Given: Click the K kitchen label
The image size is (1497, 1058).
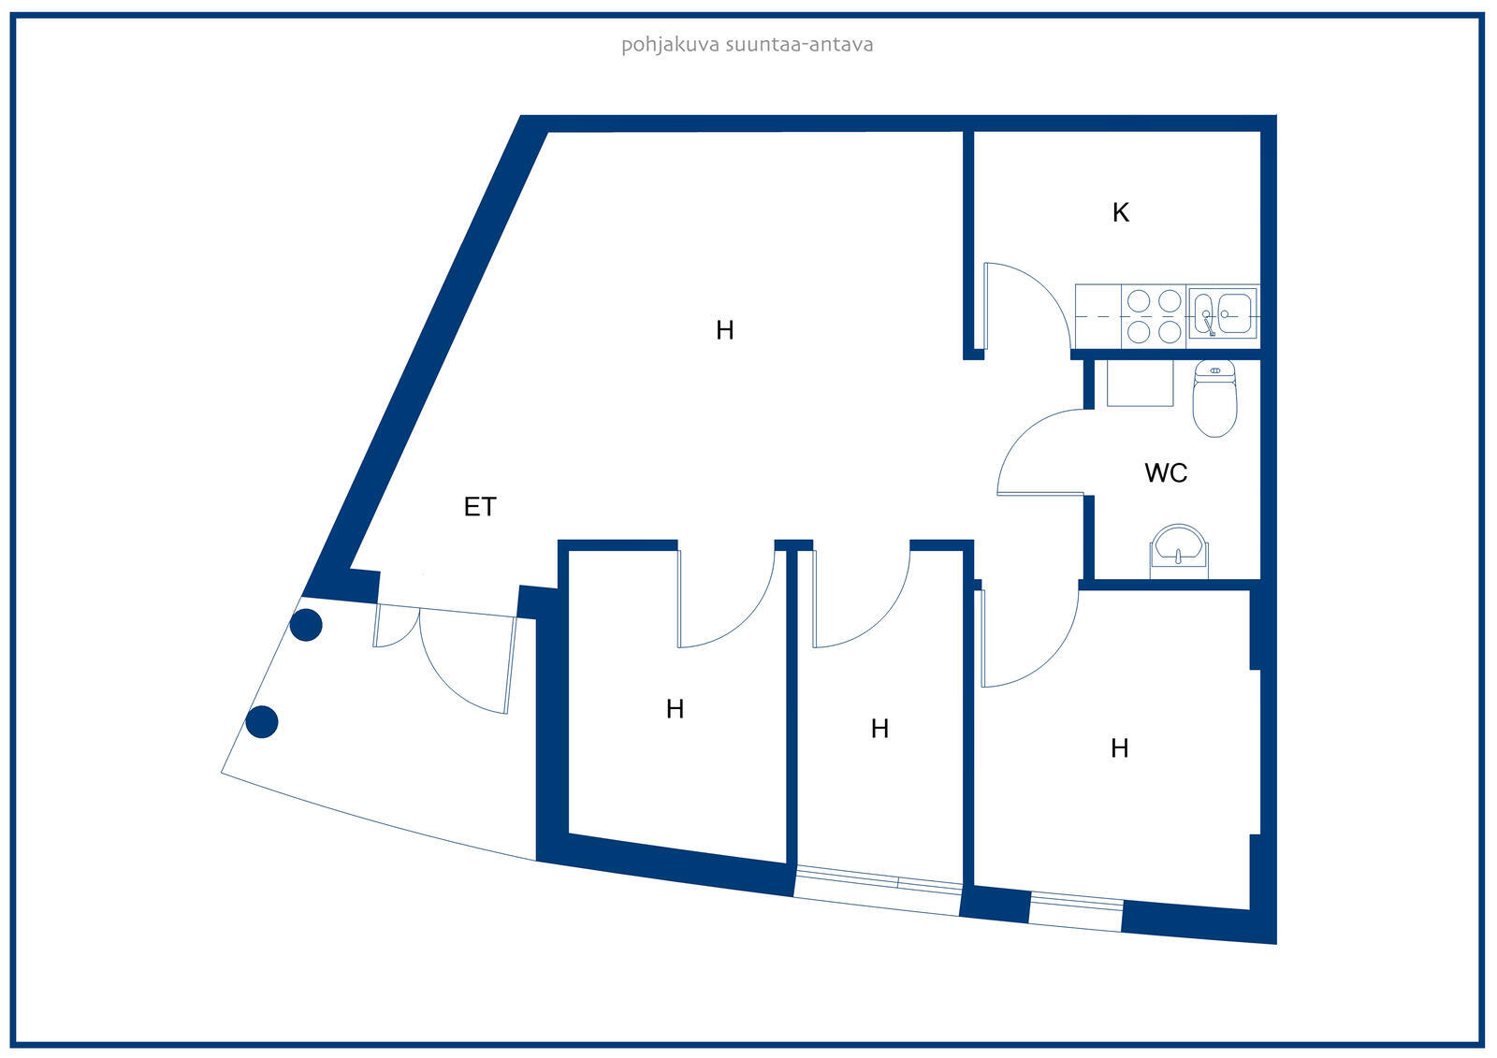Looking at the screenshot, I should (x=1120, y=213).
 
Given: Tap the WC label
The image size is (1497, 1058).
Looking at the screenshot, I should (x=1166, y=473).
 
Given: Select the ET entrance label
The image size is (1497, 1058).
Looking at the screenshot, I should (x=480, y=507).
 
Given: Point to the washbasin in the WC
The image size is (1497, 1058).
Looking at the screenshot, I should (x=1179, y=547).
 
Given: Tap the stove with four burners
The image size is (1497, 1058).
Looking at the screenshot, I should (x=1154, y=316).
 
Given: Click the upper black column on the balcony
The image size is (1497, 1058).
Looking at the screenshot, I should (x=306, y=624).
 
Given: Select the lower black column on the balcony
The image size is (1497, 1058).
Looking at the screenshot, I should (x=262, y=722).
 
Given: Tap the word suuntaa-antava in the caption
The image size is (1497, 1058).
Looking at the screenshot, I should (x=800, y=45).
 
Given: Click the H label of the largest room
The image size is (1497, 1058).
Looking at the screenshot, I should (x=724, y=330).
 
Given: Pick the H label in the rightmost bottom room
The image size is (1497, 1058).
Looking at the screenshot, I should (x=1119, y=748).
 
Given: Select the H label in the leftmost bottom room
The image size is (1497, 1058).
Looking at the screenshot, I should (x=675, y=710).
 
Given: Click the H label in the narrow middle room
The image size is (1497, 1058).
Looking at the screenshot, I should (x=879, y=729).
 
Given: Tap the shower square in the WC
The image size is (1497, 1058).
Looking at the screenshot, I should (x=1140, y=384).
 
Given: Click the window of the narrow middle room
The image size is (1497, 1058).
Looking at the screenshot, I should (x=878, y=891).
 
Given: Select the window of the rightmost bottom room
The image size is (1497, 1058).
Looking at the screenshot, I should (x=1076, y=912).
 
